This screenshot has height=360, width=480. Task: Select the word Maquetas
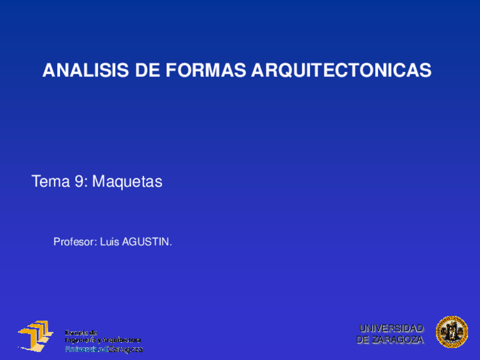[127, 182]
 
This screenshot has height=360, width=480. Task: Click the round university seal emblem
[452, 332]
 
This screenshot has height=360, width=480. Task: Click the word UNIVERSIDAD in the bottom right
[392, 328]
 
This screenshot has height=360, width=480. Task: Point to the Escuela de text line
[81, 332]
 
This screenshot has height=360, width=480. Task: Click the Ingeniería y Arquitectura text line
[102, 340]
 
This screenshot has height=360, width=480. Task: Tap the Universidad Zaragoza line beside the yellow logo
[104, 350]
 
